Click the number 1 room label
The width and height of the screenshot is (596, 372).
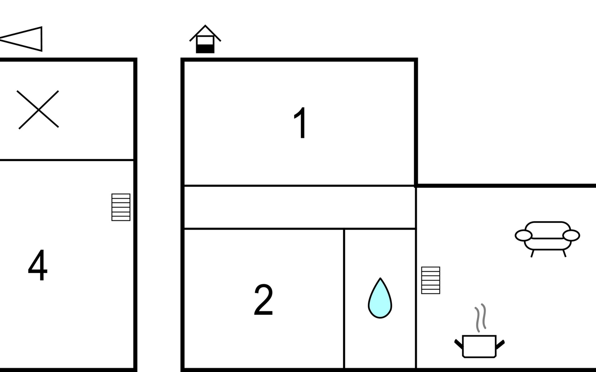300,123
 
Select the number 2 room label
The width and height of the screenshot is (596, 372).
263,300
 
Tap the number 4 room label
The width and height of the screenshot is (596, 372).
38,265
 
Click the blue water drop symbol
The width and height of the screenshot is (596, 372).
380,298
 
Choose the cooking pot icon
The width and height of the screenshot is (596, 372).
479,346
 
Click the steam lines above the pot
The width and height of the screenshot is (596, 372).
480,318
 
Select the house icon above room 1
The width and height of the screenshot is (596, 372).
205,39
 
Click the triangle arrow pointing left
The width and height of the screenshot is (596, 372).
21,39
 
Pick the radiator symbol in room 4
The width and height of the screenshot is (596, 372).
121,207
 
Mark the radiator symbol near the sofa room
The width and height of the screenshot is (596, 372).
431,280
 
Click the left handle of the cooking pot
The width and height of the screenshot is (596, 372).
458,344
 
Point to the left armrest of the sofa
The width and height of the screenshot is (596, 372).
523,236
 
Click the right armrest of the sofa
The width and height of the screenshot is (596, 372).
571,236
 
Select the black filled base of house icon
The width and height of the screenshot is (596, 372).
205,49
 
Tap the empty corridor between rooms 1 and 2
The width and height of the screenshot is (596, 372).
300,207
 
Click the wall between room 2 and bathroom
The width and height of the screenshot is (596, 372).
344,299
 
